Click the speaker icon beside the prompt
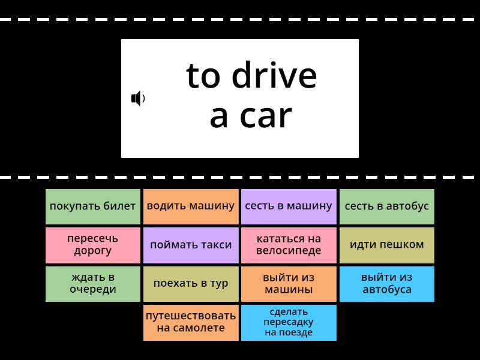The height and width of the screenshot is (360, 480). (138, 98)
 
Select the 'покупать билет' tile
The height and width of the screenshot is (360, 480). (93, 206)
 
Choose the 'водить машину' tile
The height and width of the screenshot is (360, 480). (191, 206)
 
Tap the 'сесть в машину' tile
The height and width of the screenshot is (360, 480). (289, 206)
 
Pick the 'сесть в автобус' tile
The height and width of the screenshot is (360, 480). (387, 206)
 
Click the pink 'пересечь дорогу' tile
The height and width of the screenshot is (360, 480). (93, 245)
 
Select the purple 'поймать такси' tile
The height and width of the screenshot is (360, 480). (191, 245)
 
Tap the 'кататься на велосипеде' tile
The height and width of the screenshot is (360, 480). (289, 245)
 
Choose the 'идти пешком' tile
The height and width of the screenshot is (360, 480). (387, 245)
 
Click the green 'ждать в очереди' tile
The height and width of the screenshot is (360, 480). (93, 284)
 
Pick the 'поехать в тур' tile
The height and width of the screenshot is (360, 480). (191, 284)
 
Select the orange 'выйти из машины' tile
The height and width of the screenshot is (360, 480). (289, 284)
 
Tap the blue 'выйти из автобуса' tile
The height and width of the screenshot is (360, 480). (387, 284)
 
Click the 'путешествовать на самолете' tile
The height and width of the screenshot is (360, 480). (191, 322)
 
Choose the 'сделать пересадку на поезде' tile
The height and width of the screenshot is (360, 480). (289, 322)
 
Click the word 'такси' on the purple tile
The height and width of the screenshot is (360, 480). (215, 245)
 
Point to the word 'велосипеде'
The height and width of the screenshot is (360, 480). (289, 251)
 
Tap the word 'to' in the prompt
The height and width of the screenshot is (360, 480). (204, 76)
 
